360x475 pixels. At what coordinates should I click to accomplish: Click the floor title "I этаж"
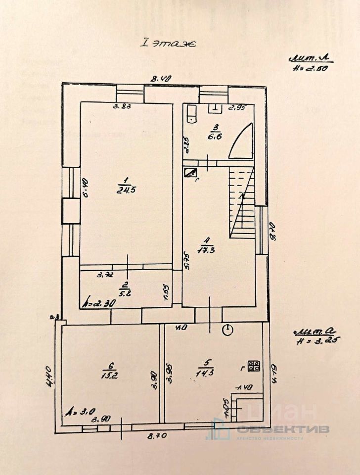click(x=169, y=44)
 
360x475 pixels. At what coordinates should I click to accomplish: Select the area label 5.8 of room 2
click(x=125, y=289)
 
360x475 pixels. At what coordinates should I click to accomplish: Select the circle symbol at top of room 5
click(x=227, y=330)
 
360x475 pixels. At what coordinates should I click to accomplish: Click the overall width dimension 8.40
click(x=161, y=78)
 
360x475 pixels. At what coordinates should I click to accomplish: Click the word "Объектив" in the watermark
click(x=282, y=429)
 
